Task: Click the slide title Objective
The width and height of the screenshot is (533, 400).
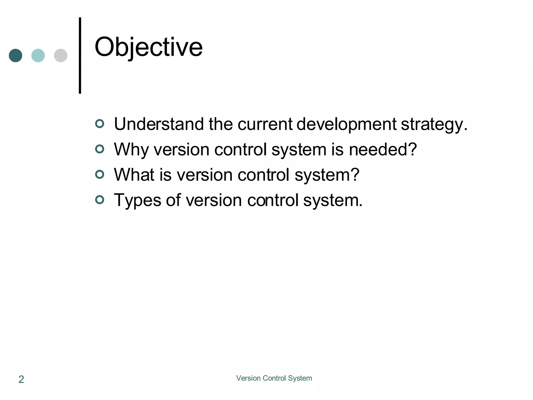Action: click(148, 47)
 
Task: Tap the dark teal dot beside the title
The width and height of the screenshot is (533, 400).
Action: click(16, 55)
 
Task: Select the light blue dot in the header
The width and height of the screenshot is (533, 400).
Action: click(38, 55)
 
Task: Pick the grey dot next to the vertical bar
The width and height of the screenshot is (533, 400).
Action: click(61, 55)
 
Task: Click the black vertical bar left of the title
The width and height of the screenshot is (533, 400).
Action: click(80, 55)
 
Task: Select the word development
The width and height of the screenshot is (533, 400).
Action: click(346, 125)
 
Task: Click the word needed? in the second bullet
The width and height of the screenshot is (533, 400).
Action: click(383, 149)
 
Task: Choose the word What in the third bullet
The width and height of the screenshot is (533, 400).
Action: click(134, 174)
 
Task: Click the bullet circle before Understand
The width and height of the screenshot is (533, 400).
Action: click(100, 123)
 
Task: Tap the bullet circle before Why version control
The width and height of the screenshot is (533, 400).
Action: click(100, 149)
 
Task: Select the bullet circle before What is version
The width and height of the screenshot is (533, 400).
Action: click(100, 174)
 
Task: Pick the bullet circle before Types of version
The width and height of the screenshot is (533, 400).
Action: click(100, 200)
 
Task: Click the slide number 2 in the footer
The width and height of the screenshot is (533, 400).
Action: click(21, 379)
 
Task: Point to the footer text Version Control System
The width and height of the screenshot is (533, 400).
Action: click(274, 378)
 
